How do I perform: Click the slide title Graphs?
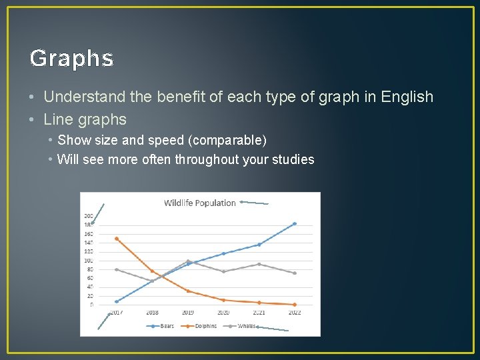[72, 59]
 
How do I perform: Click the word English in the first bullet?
[407, 97]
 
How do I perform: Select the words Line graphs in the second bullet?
[85, 120]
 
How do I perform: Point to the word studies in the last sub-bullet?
[291, 159]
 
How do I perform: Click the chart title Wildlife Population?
[200, 203]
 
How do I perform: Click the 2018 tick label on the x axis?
[152, 312]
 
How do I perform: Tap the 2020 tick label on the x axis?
[223, 312]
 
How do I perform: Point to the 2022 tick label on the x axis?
[294, 312]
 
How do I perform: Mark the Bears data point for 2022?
[294, 224]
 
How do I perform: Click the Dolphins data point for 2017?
[117, 239]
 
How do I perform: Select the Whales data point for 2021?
[259, 264]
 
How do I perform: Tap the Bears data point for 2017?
[117, 301]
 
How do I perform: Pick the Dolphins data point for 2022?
[294, 305]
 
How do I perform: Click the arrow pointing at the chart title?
[255, 202]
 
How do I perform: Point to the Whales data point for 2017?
[117, 269]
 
